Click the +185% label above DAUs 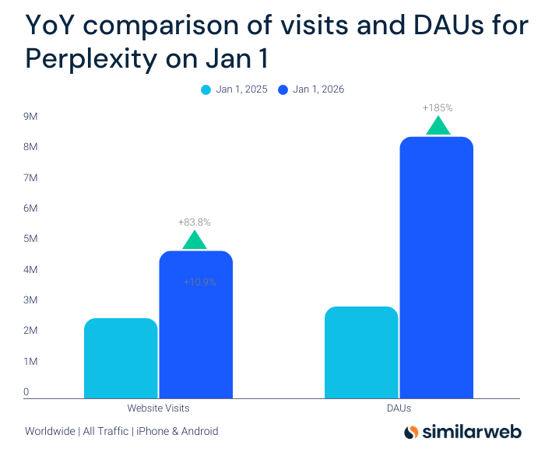click(438, 107)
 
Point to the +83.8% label click(195, 222)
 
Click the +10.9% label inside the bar click(200, 282)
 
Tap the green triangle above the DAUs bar click(438, 126)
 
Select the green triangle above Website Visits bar click(195, 240)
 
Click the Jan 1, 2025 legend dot click(206, 89)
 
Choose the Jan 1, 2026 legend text click(318, 89)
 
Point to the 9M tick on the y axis click(31, 117)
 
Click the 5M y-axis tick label click(31, 239)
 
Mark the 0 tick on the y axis click(26, 392)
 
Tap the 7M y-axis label click(31, 178)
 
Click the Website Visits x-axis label click(158, 408)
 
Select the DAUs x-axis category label click(398, 408)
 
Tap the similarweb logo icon click(413, 432)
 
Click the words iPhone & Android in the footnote click(177, 431)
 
